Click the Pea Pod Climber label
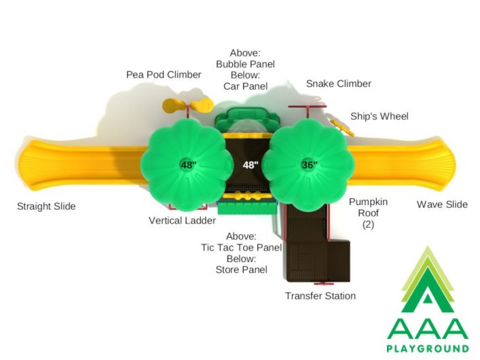pos(164,75)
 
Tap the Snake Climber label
pos(339,84)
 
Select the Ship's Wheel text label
pos(380,116)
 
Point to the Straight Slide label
pos(46,206)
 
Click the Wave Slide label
pos(442,204)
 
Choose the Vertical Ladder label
pos(182,220)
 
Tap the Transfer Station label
pos(320,295)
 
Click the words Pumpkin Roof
pos(368,207)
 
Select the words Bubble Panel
pos(246,64)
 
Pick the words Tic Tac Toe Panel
pos(241,247)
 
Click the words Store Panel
pos(241,270)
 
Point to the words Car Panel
pos(246,86)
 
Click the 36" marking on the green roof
pos(309,165)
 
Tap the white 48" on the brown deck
pos(251,165)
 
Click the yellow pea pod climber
pos(187,106)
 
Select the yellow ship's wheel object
pos(341,127)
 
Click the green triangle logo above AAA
pos(428,279)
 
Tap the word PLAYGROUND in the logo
pos(428,348)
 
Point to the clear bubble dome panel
pos(247,126)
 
